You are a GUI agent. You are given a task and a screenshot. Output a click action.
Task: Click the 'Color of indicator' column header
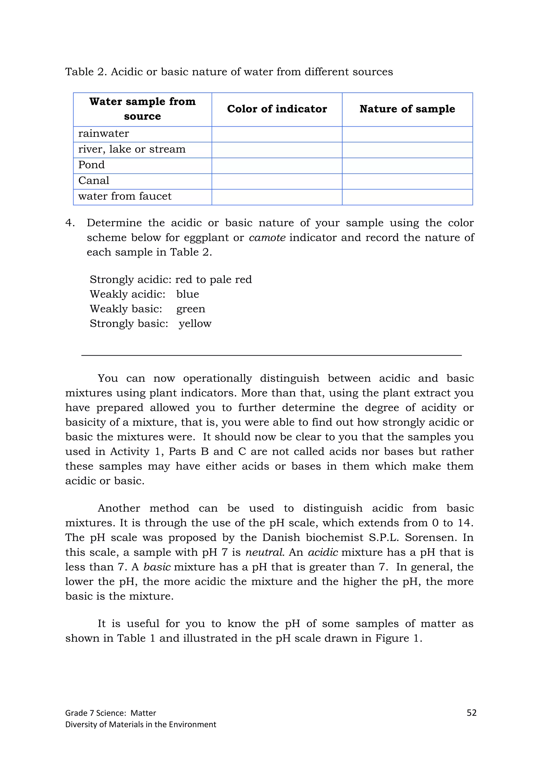[277, 109]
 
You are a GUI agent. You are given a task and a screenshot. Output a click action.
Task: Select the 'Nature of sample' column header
[407, 109]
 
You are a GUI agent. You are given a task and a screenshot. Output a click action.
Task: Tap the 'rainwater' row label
[103, 134]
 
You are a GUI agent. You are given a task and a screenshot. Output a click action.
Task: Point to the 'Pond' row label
[91, 165]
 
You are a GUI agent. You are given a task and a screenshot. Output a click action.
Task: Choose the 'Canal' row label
[94, 181]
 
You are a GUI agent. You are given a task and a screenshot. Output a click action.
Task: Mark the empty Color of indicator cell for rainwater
[277, 134]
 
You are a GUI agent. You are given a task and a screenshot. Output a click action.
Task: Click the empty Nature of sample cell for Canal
[407, 181]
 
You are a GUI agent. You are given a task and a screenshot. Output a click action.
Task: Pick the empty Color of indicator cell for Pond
[277, 166]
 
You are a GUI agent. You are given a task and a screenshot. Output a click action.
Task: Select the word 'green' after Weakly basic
[191, 309]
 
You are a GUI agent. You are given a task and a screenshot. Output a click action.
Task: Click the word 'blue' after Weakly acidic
[188, 294]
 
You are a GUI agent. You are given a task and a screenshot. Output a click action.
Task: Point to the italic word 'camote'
[267, 238]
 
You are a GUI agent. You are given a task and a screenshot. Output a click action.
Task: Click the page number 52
[471, 713]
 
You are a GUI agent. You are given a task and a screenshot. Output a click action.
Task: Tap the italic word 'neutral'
[264, 552]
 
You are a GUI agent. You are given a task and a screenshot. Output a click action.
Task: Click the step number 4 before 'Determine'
[70, 223]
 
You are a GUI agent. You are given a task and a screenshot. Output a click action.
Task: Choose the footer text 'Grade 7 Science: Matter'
[111, 713]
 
